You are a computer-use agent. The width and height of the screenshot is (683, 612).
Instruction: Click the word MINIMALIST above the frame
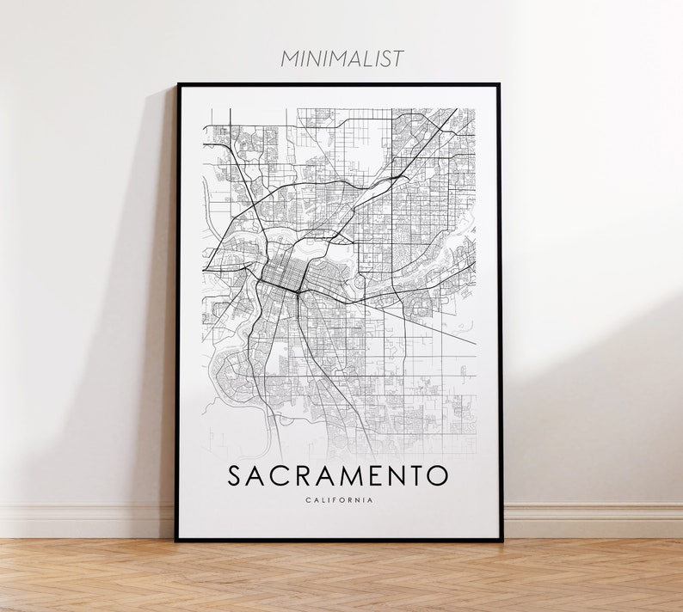(341, 58)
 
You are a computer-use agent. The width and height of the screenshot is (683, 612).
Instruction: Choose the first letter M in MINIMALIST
(288, 58)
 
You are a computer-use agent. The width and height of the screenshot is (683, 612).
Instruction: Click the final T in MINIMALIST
(397, 58)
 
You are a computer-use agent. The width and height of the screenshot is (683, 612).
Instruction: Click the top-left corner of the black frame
(177, 84)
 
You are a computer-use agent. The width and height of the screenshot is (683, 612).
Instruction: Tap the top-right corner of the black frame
(500, 84)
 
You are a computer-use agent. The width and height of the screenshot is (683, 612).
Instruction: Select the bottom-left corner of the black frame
(177, 540)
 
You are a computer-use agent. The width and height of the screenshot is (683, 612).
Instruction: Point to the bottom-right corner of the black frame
(501, 540)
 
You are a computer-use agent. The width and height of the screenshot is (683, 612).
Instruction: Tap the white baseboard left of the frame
(86, 520)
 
